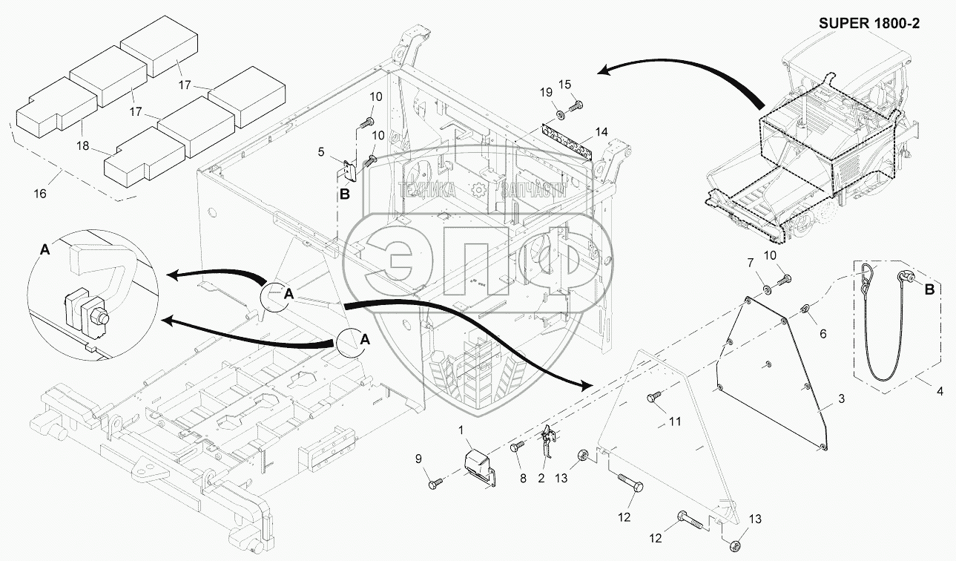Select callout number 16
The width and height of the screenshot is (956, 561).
click(x=40, y=194)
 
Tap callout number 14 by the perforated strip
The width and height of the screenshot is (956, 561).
click(x=601, y=132)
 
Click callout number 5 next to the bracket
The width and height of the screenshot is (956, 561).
click(x=320, y=153)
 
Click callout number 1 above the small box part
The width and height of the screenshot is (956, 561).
click(x=461, y=430)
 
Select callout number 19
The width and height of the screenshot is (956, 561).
click(x=546, y=93)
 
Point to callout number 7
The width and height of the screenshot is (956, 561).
click(x=750, y=263)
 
